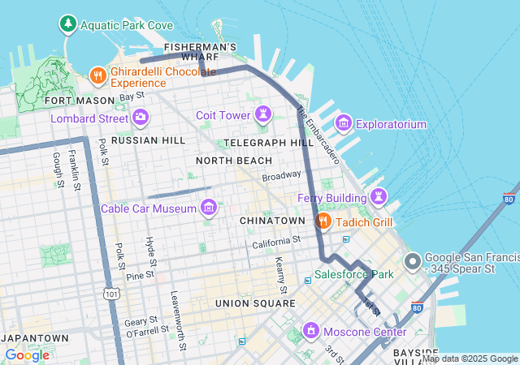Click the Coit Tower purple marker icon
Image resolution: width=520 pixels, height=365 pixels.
tap(262, 115)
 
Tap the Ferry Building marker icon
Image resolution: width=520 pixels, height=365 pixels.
tap(378, 196)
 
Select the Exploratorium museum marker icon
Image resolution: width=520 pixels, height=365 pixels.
tap(343, 123)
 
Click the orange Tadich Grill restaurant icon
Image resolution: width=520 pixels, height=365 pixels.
tap(323, 221)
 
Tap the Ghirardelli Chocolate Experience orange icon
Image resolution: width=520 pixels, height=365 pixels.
tap(97, 75)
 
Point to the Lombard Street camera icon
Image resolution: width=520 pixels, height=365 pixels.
tap(141, 118)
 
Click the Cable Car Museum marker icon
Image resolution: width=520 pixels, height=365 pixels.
tap(210, 208)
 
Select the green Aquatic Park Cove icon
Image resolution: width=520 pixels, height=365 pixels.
tap(68, 25)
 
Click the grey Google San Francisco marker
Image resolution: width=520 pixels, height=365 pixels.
tap(413, 262)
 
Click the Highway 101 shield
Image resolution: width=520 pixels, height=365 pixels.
tap(111, 294)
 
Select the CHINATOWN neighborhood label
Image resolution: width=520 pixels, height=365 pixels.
tap(272, 221)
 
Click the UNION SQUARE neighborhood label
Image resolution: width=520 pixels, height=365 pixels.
tap(255, 303)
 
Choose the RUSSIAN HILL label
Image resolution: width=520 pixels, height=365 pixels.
tap(149, 140)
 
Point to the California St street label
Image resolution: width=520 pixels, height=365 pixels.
tap(276, 241)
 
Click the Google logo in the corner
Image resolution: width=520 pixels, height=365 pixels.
tap(27, 354)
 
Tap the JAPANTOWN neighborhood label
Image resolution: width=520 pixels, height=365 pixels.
tap(35, 337)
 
